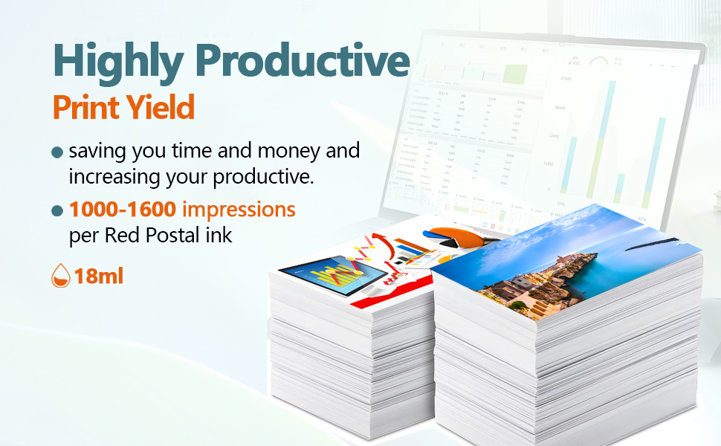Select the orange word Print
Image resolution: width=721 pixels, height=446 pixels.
pos(86,107)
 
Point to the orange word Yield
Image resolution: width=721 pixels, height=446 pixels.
pos(160,107)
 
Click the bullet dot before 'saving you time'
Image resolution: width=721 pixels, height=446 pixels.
pos(57,152)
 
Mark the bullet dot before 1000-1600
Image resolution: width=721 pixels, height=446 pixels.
pos(57,210)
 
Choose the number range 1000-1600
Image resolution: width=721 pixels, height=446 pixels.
pos(123,209)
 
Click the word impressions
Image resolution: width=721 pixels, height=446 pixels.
pos(239,210)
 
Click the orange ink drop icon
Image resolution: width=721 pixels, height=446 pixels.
pos(61,276)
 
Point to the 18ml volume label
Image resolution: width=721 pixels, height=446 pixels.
pos(99,276)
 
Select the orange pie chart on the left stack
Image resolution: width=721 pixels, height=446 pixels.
pos(453,236)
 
